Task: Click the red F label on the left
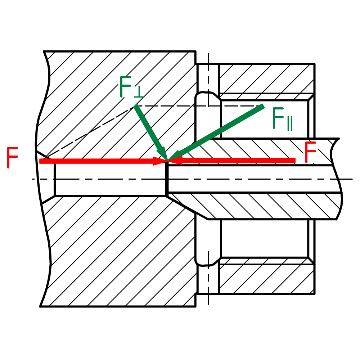pyautogui.click(x=12, y=158)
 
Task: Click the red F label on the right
pyautogui.click(x=311, y=152)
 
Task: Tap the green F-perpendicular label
pyautogui.click(x=132, y=87)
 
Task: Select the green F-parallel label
pyautogui.click(x=282, y=118)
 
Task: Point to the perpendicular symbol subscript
pyautogui.click(x=139, y=93)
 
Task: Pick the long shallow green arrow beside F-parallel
pyautogui.click(x=216, y=133)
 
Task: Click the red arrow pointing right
pyautogui.click(x=103, y=161)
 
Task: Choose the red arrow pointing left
pyautogui.click(x=232, y=160)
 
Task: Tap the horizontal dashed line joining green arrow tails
pyautogui.click(x=199, y=106)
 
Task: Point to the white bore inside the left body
pyautogui.click(x=110, y=179)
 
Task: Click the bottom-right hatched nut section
pyautogui.click(x=266, y=279)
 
